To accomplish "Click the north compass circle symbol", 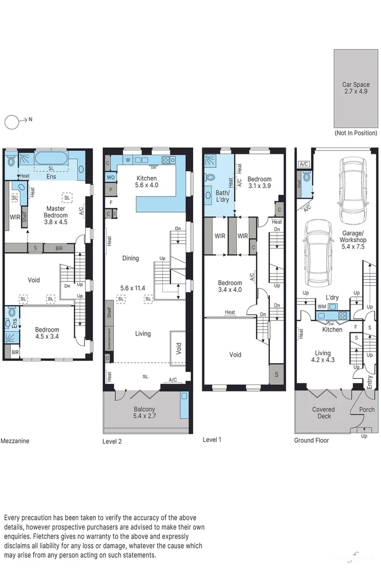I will click(x=12, y=122).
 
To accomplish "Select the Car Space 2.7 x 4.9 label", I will click(x=356, y=88).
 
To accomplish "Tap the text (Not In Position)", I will click(x=356, y=132).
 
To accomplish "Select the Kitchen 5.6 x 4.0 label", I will click(x=146, y=182).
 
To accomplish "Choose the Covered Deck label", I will click(x=323, y=413).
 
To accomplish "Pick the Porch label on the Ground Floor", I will click(x=367, y=410).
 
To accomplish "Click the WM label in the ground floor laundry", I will click(x=322, y=307).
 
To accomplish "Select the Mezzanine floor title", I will click(x=15, y=441).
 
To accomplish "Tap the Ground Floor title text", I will click(x=311, y=440).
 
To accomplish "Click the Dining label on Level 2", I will click(x=130, y=258).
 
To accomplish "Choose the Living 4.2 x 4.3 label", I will click(x=323, y=357).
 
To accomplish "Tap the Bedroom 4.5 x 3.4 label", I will click(x=47, y=333).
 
